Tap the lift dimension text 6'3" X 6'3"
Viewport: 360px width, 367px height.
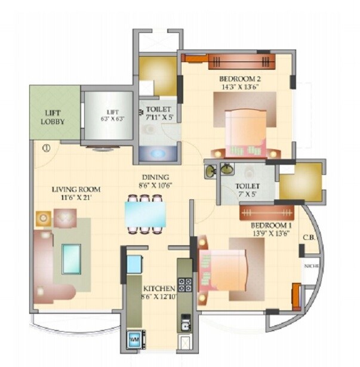112,118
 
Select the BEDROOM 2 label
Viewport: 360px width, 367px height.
238,78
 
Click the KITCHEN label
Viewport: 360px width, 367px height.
159,288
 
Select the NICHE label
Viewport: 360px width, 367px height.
311,266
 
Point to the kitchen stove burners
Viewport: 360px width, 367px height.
186,285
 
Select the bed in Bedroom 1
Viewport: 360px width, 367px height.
227,269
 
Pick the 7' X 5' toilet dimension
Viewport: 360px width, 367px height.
246,194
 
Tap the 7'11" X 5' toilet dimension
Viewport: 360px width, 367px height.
158,118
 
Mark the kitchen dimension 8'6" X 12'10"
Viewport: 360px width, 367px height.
159,295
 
